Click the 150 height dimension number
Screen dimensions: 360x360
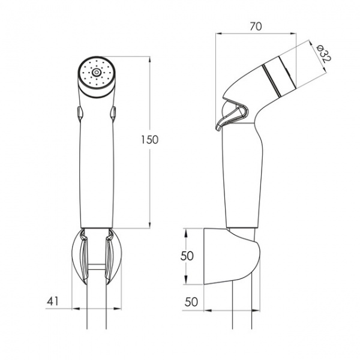[149, 140]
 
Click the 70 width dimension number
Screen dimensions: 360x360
[256, 26]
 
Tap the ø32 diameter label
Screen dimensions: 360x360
[323, 54]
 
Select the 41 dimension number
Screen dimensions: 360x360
[53, 301]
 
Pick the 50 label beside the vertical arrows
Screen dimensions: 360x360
[187, 256]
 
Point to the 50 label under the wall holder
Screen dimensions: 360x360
[191, 302]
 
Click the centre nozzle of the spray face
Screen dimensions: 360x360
[96, 73]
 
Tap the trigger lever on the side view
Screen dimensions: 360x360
[232, 116]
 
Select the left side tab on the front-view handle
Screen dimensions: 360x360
[79, 113]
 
